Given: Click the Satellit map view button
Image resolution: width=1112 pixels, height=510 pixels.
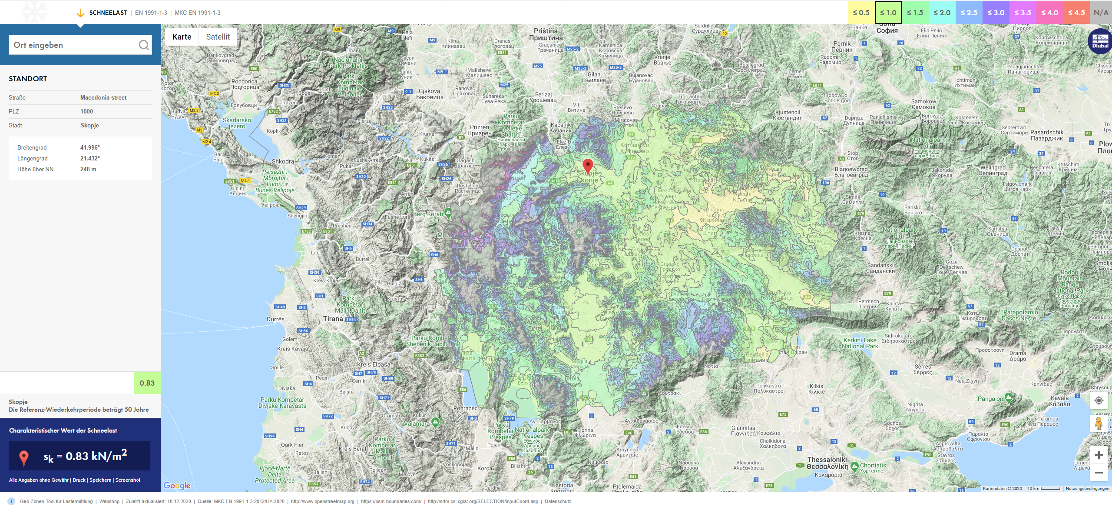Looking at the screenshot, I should pos(218,37).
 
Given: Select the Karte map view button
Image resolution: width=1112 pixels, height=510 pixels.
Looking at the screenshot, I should pos(182,37).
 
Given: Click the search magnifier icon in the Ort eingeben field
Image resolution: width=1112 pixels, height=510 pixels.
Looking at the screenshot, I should pos(144,45).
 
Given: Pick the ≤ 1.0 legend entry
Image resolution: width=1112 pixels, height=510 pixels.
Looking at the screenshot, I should pos(888,13).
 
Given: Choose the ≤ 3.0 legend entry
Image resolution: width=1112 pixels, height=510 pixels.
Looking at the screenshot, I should pos(996,13).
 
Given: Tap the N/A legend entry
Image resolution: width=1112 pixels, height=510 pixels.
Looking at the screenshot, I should pos(1101,13).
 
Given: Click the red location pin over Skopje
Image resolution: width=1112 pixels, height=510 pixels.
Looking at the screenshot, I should pos(587,166).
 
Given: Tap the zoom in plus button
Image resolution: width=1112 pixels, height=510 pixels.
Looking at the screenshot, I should pos(1099,455).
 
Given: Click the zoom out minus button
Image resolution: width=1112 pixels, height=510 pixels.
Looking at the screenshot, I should pos(1099,473).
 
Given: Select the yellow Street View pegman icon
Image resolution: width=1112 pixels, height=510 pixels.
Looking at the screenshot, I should pos(1099,423).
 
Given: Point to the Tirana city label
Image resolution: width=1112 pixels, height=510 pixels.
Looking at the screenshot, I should pos(333,319).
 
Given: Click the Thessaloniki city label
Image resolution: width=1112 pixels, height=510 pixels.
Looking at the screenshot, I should pos(827,460).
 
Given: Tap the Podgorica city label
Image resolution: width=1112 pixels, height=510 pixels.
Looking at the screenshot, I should pos(244,81).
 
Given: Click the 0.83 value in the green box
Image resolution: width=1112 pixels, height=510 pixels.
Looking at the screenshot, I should pos(147,383).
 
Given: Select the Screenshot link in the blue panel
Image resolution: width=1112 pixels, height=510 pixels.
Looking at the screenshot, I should pos(128,480).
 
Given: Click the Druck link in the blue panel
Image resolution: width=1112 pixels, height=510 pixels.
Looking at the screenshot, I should pos(79,480).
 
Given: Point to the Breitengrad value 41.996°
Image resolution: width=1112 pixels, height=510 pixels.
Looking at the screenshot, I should pos(90,147).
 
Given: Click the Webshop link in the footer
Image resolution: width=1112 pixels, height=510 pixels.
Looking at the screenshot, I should pos(109,501).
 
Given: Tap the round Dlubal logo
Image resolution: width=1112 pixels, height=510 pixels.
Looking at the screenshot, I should pos(1100,41).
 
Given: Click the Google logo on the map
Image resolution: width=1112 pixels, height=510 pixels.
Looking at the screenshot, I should pos(177,486).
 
